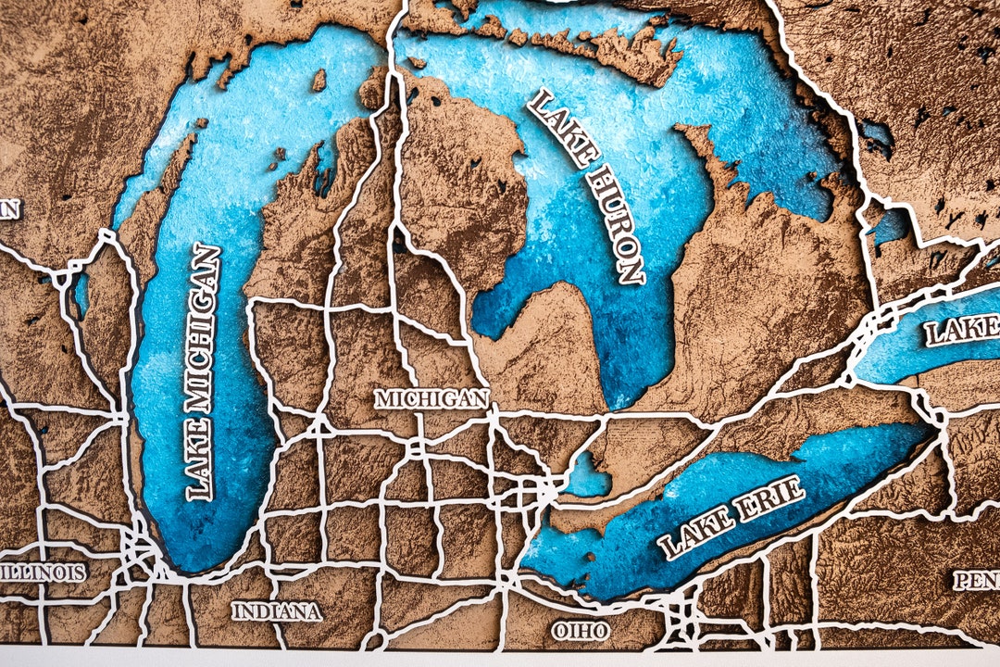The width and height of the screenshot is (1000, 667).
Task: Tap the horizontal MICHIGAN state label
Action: [431, 399]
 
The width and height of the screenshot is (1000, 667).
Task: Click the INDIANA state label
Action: [276, 611]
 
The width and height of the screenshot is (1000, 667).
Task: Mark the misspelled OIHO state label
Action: [581, 631]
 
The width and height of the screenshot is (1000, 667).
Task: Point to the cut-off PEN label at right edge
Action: [977, 581]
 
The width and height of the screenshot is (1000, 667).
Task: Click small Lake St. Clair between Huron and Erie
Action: [586, 476]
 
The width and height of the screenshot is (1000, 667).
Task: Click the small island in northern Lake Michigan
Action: [319, 81]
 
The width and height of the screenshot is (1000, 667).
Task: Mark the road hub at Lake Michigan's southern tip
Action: [140, 552]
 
